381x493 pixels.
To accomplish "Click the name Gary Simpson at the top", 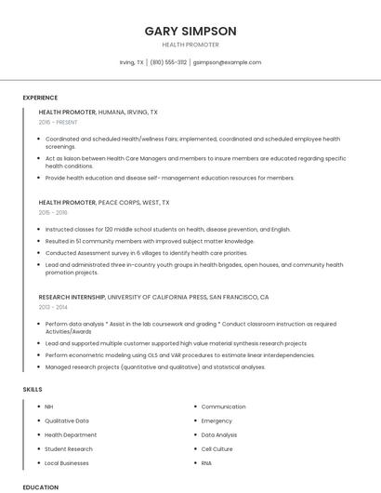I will (190, 31).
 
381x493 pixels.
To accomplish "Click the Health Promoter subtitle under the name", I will (190, 45).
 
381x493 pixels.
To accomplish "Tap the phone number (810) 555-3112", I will (168, 62).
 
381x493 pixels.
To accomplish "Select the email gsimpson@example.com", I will (228, 62).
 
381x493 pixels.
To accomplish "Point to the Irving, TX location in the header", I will (131, 62).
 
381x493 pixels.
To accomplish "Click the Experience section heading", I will (40, 98).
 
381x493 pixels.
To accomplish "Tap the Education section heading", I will (40, 486).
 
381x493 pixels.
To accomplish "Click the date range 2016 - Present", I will (58, 122).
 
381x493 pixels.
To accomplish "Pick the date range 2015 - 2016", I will (53, 212).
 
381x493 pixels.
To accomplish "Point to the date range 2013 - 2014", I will (53, 307).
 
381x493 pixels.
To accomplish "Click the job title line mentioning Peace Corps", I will (104, 202).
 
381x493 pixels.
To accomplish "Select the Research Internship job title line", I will (153, 297).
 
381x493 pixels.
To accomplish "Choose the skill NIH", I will (49, 406).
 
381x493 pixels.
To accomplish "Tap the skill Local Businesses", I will (67, 462).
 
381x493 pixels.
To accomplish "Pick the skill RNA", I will (206, 462).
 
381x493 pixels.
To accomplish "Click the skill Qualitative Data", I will (67, 420).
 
